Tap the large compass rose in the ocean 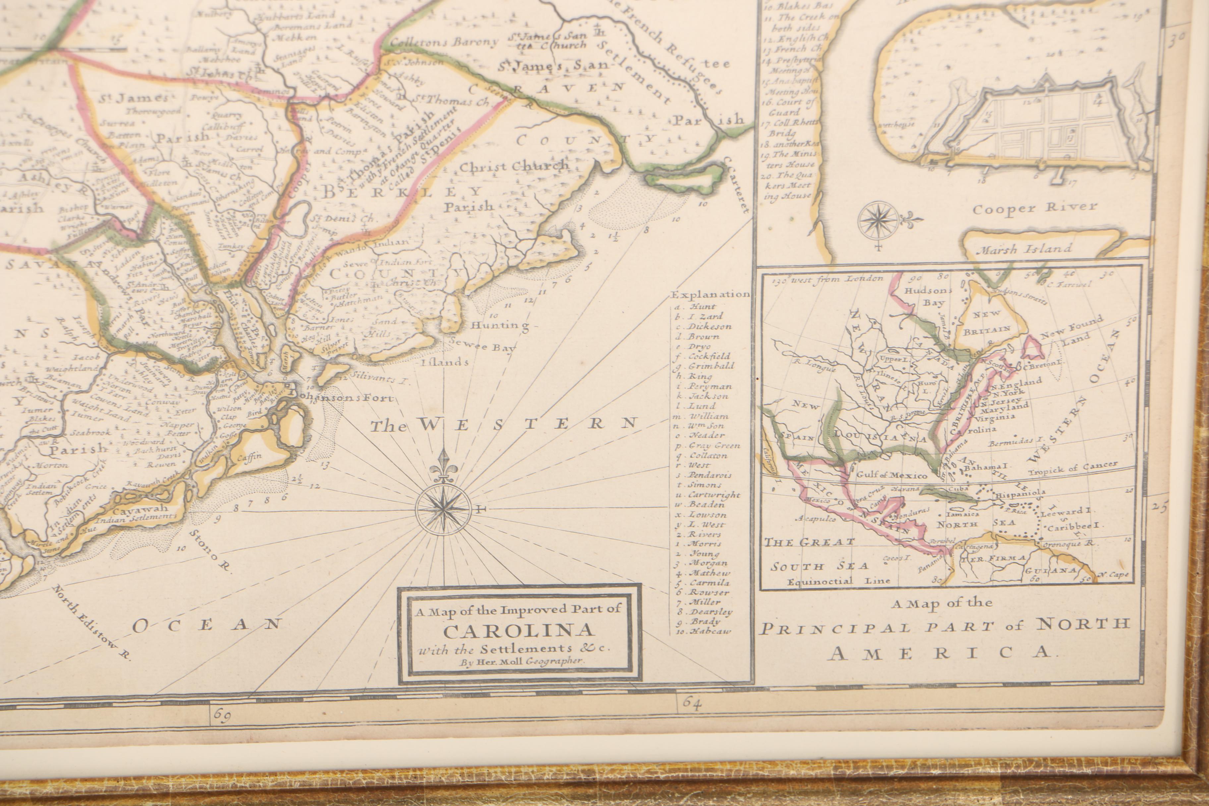(443, 507)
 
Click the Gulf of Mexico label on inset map (892, 476)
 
